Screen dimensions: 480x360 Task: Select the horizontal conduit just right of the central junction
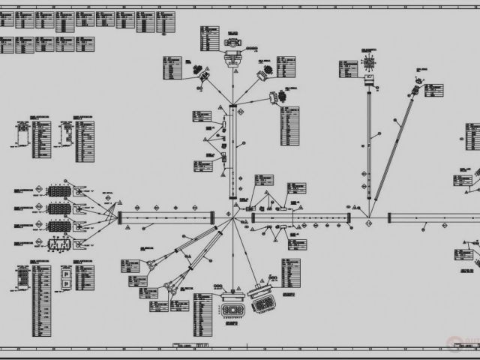point(300,217)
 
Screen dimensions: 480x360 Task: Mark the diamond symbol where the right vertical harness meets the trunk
point(368,218)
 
